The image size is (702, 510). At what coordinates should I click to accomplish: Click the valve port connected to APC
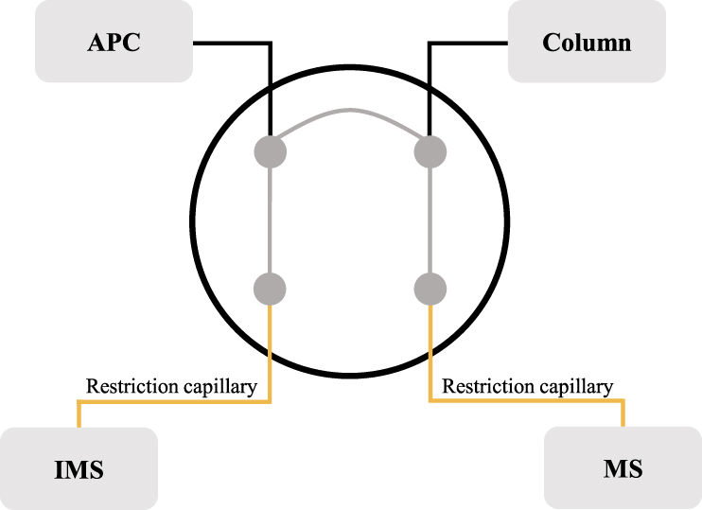tap(271, 151)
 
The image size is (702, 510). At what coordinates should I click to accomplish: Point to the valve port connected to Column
tap(430, 151)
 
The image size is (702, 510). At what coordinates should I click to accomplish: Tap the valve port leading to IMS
tap(271, 288)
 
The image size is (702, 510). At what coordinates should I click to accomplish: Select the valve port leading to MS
tap(430, 288)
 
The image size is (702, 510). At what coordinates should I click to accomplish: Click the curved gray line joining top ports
tap(350, 113)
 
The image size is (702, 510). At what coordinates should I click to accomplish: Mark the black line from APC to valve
tap(237, 43)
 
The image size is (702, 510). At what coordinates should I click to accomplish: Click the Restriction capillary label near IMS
tap(171, 386)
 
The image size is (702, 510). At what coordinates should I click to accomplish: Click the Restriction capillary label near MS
tap(528, 386)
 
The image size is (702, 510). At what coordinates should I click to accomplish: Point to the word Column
tap(587, 43)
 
